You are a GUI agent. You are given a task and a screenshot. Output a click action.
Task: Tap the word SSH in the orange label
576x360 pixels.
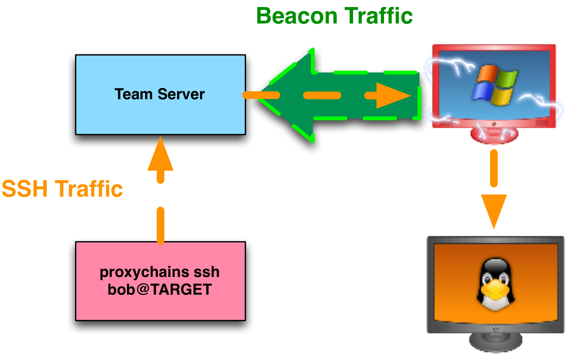(x=25, y=189)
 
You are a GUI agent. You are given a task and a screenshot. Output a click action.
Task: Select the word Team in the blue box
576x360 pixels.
(x=133, y=94)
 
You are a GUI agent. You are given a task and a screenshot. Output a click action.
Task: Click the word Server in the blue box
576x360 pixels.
(x=181, y=94)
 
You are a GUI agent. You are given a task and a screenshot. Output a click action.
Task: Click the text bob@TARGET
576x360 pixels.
(x=160, y=289)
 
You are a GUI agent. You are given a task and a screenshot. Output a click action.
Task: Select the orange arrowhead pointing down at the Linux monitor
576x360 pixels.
(x=494, y=209)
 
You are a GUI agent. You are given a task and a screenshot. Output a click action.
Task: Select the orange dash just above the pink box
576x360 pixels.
(x=161, y=226)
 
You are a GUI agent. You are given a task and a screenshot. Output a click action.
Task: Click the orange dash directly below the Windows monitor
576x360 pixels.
(x=494, y=168)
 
